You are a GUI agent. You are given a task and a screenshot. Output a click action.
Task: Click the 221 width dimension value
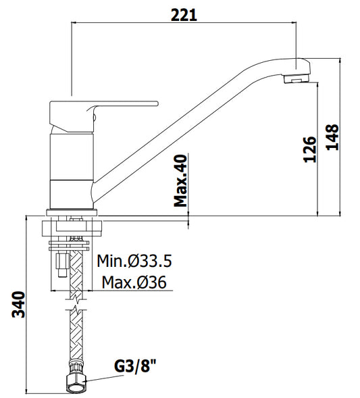coord(184,15)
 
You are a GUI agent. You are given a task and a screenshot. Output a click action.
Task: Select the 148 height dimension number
coord(332,137)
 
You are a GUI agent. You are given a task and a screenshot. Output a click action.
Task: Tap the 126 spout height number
coord(310,149)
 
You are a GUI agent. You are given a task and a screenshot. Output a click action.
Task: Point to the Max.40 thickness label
coord(180,180)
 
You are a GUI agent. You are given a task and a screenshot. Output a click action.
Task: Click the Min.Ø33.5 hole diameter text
coord(134,261)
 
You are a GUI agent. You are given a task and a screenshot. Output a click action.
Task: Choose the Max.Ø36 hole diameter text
coord(134,282)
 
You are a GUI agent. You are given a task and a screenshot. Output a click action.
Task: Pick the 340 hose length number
coord(19,305)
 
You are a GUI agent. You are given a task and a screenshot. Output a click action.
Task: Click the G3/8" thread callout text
coord(135,366)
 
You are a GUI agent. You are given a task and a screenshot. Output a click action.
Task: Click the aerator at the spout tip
coord(296,78)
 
